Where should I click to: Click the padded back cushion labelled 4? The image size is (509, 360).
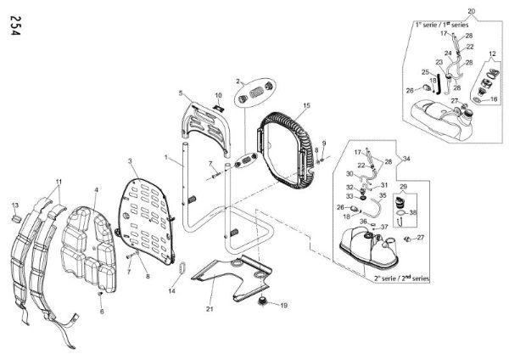92,246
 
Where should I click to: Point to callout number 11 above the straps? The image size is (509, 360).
59,183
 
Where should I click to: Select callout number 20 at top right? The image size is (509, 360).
472,9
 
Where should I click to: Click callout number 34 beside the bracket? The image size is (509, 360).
406,158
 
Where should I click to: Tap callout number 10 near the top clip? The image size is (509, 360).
218,95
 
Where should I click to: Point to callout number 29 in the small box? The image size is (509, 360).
403,186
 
